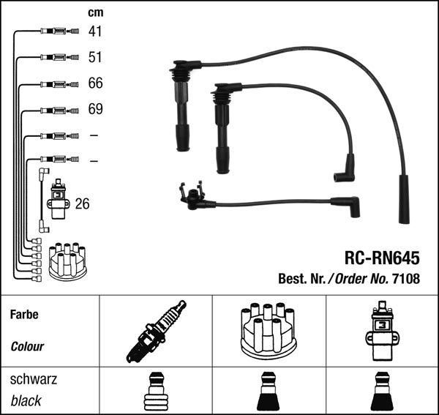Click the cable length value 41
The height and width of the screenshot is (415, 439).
pos(95,31)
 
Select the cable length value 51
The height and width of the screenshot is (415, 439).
pos(95,57)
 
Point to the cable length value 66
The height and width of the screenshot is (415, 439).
pos(95,83)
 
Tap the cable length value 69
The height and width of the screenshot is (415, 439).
pos(95,110)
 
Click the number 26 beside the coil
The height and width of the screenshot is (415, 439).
pos(82,204)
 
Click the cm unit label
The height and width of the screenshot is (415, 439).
pos(95,12)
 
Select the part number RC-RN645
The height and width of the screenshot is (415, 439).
pos(381,258)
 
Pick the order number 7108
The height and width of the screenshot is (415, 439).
pos(407,278)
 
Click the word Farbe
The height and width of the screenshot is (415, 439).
pos(24,315)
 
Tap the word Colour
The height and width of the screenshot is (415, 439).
pos(28,347)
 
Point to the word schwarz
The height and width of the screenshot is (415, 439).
pos(34,380)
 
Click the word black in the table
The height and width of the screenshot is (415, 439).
pos(26,401)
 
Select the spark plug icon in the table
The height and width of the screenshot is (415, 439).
pos(155,332)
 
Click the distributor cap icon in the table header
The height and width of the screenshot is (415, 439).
pos(267,332)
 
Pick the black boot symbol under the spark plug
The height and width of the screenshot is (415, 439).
pos(155,393)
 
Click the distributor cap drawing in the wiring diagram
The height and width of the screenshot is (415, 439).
pos(67,261)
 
